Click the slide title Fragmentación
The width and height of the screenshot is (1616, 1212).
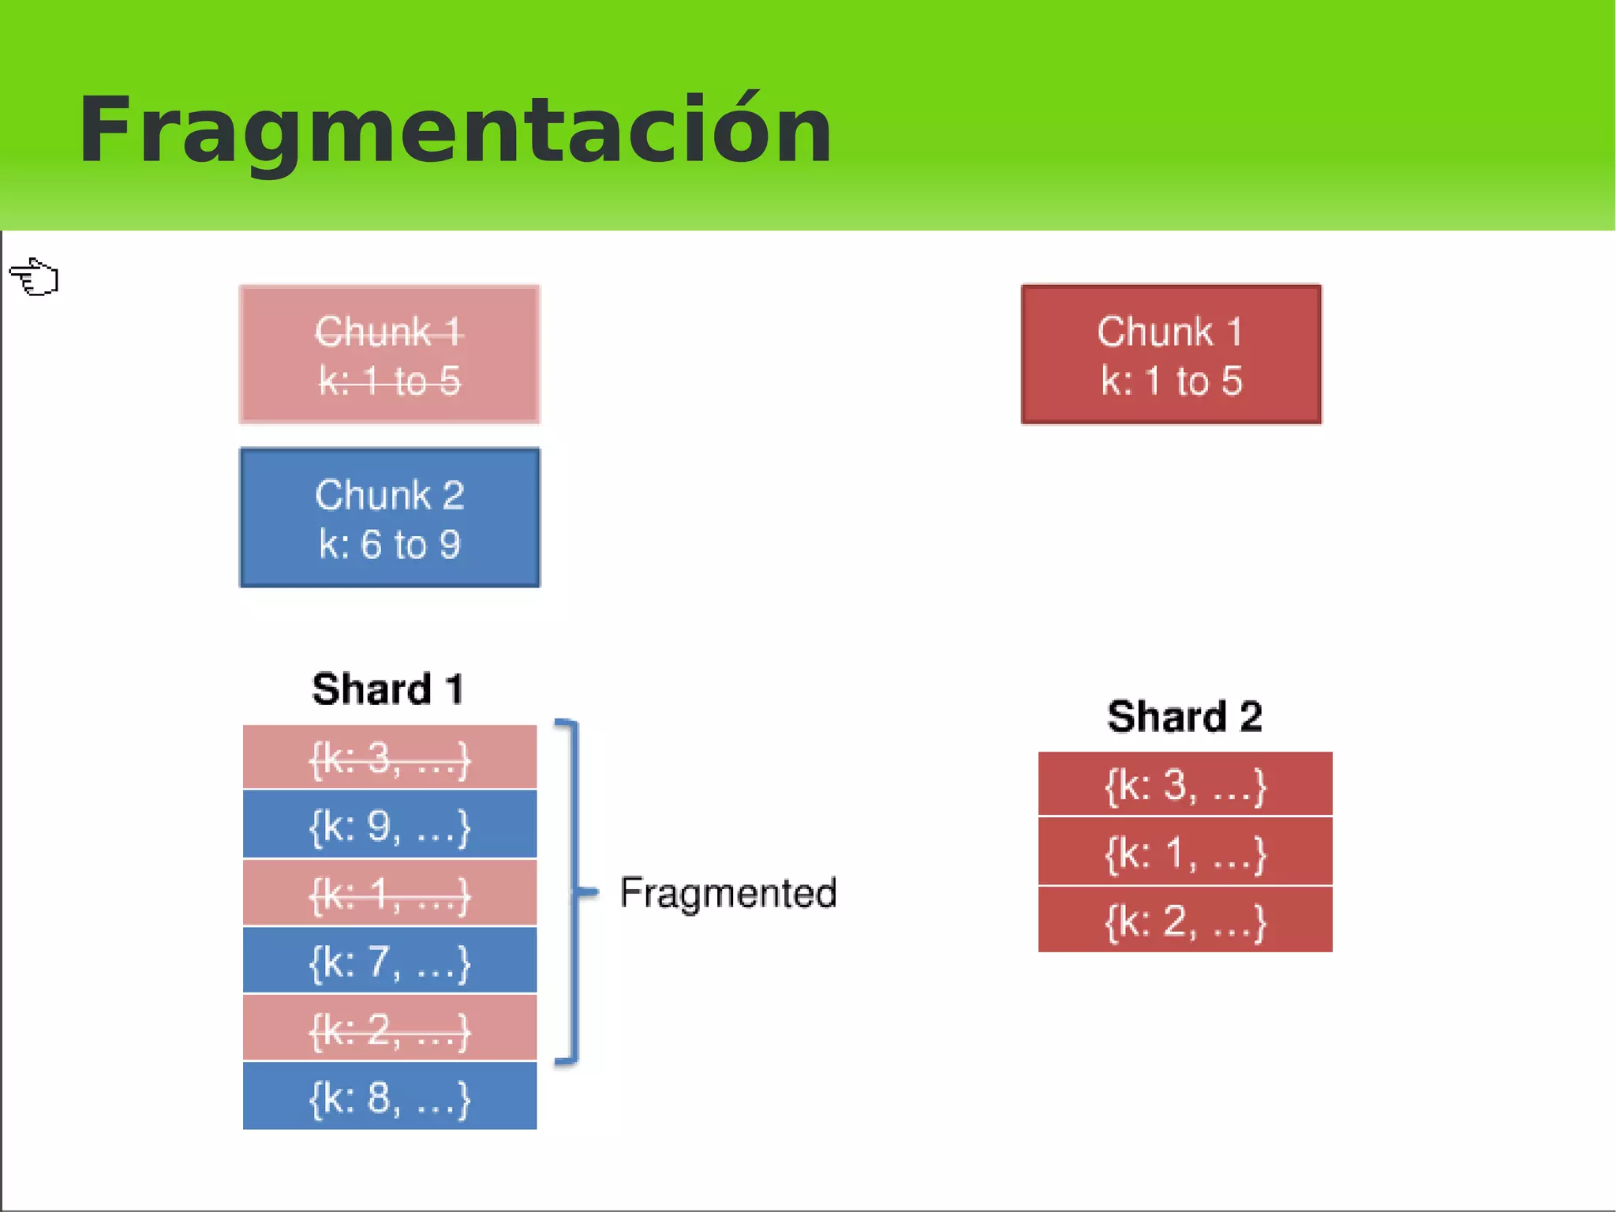pos(455,130)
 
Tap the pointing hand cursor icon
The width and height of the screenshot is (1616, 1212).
pos(35,277)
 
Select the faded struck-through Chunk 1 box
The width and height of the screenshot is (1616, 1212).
pos(389,355)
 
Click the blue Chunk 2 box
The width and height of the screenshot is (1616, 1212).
pos(389,517)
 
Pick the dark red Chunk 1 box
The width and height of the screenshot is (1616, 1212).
pos(1171,355)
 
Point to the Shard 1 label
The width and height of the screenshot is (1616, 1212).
pos(387,689)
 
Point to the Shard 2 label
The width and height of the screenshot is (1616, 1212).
pos(1184,717)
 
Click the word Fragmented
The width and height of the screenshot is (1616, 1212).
pos(728,893)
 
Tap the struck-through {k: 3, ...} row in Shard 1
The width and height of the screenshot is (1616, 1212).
pos(389,758)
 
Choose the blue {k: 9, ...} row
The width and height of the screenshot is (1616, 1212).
pos(389,825)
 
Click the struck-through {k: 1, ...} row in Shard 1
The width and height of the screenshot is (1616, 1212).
pos(389,894)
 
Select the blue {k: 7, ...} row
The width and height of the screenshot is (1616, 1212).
pos(389,961)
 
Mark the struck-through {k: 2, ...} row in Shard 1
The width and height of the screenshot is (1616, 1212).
pos(389,1029)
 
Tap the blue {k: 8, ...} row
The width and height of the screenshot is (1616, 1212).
pos(389,1097)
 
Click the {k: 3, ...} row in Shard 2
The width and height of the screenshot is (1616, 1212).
pos(1184,784)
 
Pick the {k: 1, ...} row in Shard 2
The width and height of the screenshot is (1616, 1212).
pos(1184,852)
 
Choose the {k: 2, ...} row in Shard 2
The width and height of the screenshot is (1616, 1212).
pos(1184,920)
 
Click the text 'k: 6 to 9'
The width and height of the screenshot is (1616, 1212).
pos(389,545)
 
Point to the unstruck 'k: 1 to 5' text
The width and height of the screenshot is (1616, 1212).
pos(1171,381)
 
